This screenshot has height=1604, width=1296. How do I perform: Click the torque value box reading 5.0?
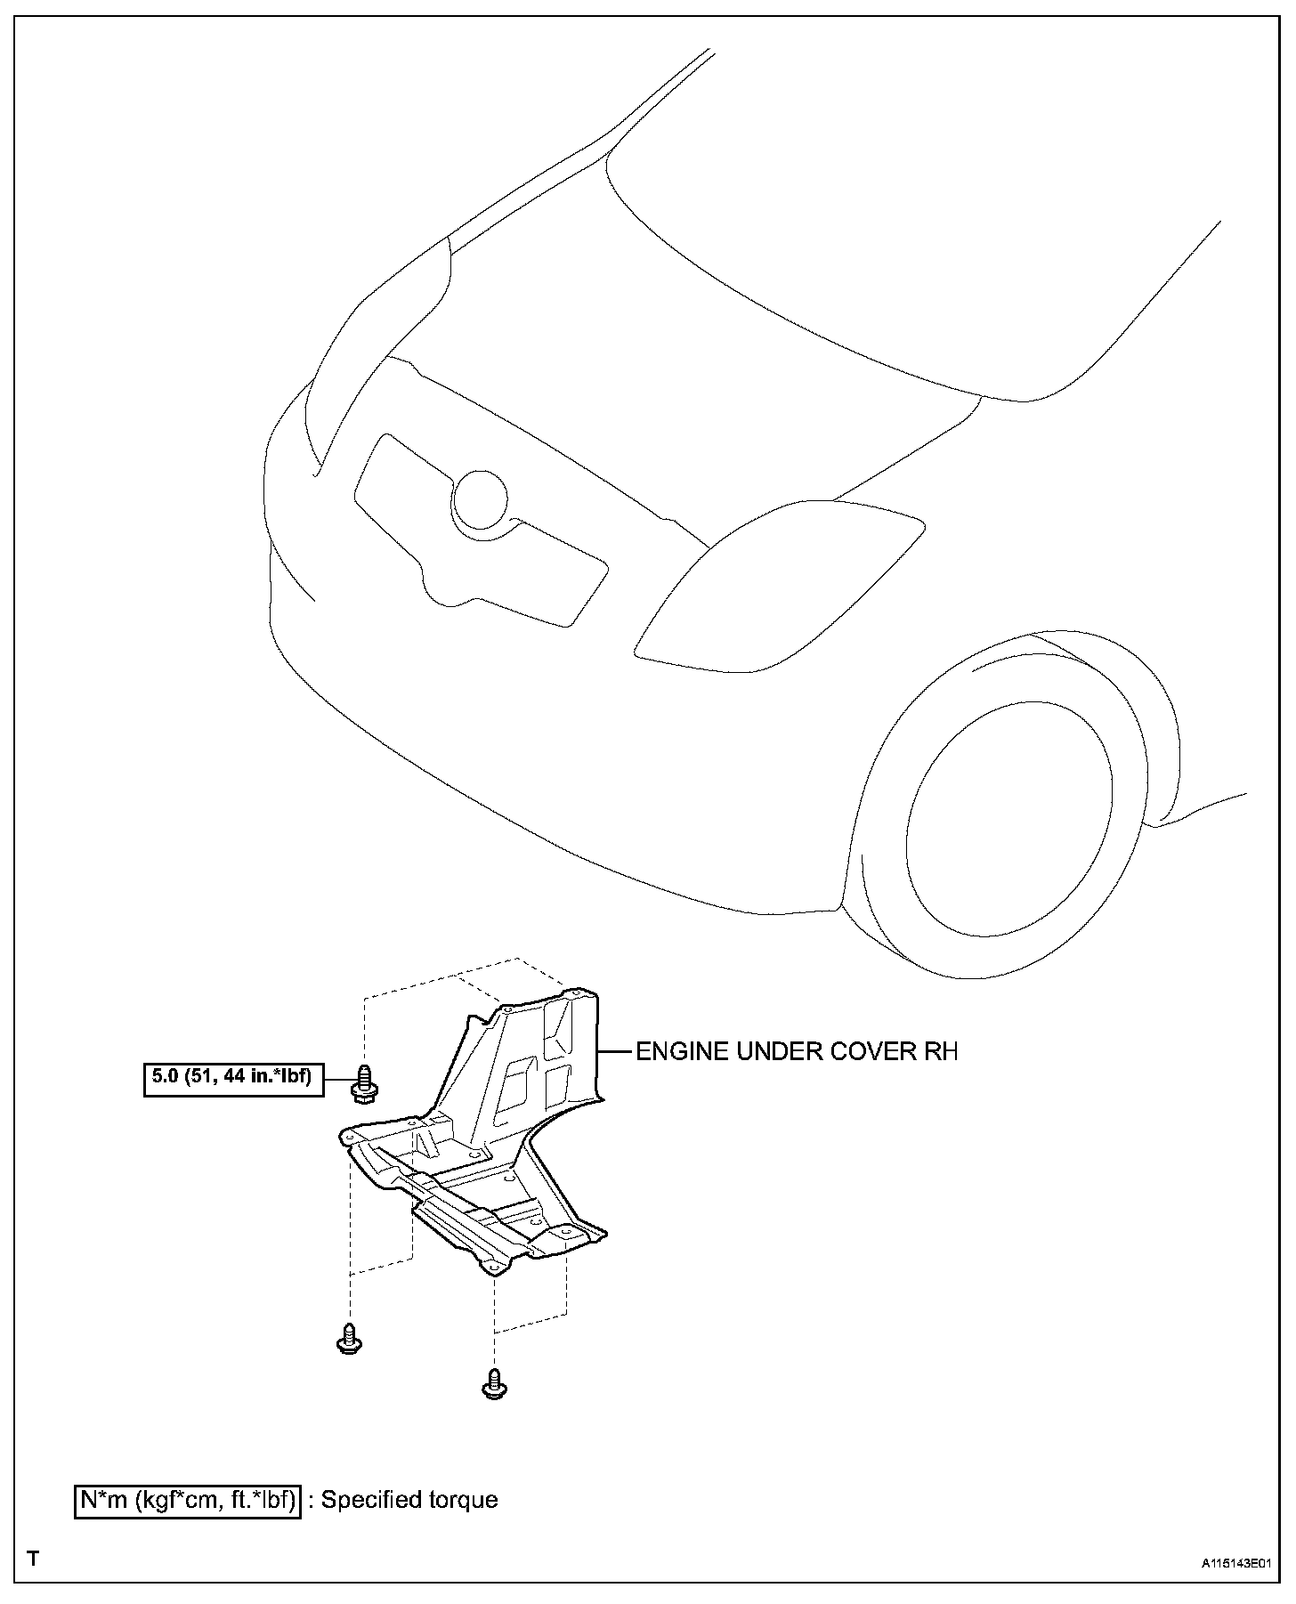(233, 1078)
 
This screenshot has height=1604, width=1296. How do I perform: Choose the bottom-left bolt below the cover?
(349, 1338)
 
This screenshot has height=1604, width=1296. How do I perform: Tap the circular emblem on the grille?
(480, 499)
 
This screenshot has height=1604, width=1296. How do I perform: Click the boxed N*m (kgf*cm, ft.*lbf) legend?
(188, 1500)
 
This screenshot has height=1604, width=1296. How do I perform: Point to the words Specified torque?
(409, 1500)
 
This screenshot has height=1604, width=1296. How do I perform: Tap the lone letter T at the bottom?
(33, 1559)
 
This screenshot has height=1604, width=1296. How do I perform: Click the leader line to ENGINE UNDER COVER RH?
(614, 1052)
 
